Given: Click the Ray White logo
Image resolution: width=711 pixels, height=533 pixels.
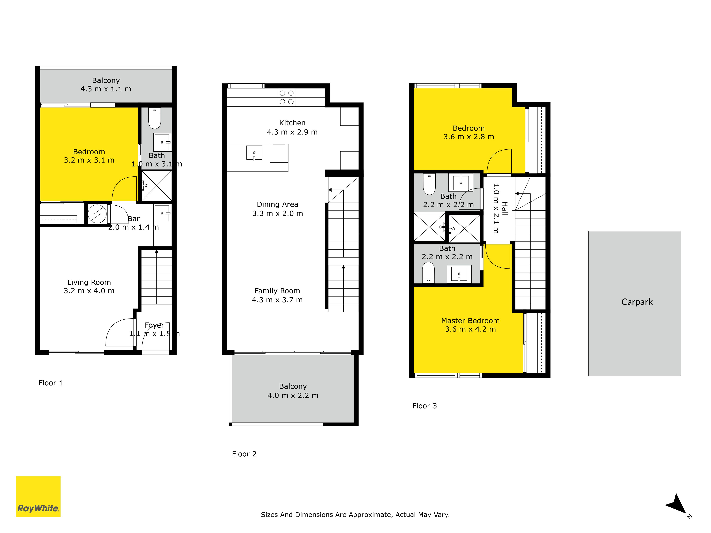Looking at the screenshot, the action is pos(38,496).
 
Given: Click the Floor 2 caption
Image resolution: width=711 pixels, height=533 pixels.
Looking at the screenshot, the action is pos(244,454).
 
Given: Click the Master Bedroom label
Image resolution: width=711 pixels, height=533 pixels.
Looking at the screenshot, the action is pos(470,321).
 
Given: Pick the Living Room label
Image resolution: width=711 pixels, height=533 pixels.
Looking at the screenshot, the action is pos(89,282).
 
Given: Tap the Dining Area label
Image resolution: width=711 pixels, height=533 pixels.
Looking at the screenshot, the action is pos(277,204).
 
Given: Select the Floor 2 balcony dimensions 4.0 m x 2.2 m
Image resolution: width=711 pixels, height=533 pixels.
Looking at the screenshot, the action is pos(293,395).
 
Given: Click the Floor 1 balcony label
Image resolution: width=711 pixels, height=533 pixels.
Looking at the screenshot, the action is pos(106,80).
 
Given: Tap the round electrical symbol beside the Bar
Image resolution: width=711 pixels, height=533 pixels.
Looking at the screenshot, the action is pos(97,214).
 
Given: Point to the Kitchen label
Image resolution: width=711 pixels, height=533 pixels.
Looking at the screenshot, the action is pos(292,123).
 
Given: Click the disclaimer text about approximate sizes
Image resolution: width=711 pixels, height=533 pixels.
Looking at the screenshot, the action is pos(355,515).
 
